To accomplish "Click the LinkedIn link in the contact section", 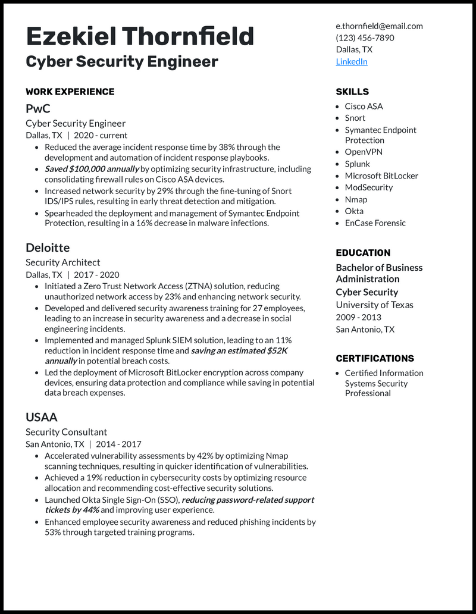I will point(352,61).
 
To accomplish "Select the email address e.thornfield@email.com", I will point(379,26).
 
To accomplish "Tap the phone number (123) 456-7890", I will point(365,37).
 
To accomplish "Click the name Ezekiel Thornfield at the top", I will point(140,37).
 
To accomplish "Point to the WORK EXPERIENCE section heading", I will point(70,92).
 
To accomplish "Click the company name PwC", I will point(38,108).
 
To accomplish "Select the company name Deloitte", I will point(48,248).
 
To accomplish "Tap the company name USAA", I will point(42,417).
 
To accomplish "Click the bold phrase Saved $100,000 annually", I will point(92,169).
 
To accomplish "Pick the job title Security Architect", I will point(63,262).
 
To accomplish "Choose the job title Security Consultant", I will point(66,432).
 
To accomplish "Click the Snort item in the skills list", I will point(355,118).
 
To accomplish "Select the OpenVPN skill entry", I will point(364,152).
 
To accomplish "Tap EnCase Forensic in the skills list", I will point(375,223).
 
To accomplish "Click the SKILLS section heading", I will point(352,92).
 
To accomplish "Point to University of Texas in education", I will point(374,305).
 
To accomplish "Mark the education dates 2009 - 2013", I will point(358,317).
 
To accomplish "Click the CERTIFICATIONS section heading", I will point(375,358).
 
